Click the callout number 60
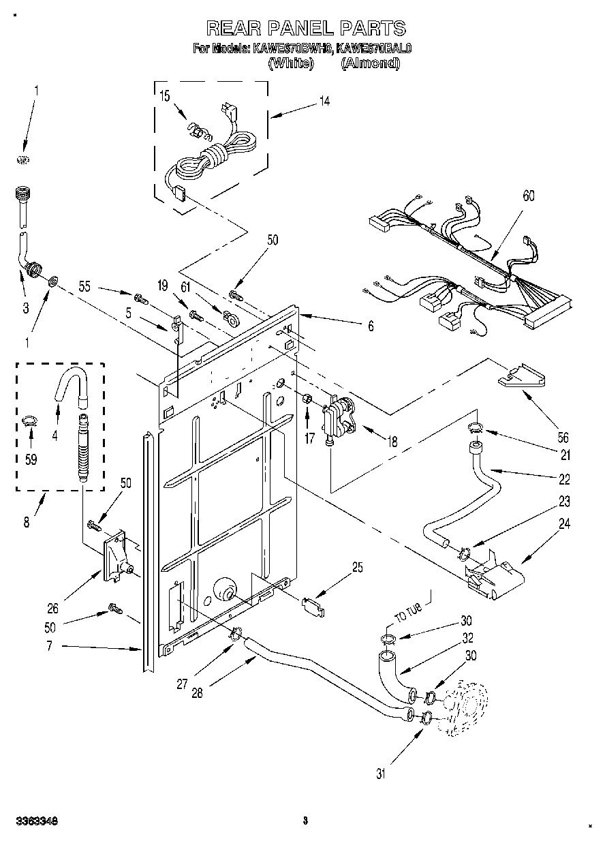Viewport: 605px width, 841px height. [528, 196]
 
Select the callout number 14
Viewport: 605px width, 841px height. [324, 102]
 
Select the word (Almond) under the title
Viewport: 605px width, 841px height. [370, 63]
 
